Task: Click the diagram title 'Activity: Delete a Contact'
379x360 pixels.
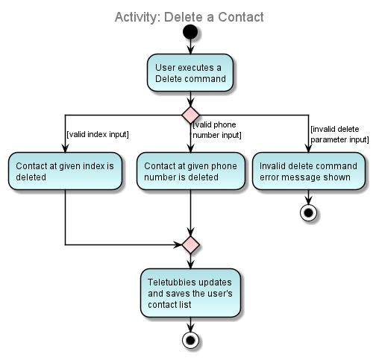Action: pos(189,16)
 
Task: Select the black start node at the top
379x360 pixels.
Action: pos(191,33)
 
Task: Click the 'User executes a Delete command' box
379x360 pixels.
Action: pos(190,74)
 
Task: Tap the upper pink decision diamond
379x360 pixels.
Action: pos(191,115)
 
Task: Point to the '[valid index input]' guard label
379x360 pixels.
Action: pos(98,134)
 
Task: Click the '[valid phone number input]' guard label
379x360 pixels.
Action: pos(216,130)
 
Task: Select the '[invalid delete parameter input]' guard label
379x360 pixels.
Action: pos(339,133)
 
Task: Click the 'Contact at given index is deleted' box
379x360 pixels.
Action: pos(65,171)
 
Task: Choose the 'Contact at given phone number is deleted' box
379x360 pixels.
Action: pos(191,171)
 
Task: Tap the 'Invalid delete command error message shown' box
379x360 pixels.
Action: pos(308,171)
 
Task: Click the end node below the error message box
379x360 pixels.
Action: pos(308,212)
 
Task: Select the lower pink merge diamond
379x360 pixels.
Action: pos(191,244)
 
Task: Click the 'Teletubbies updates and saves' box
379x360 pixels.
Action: pos(190,293)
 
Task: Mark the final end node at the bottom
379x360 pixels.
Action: pos(191,341)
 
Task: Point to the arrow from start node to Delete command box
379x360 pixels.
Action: pos(191,47)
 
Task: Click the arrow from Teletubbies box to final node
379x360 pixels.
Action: pos(191,324)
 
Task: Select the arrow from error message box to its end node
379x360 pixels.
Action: pos(308,197)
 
